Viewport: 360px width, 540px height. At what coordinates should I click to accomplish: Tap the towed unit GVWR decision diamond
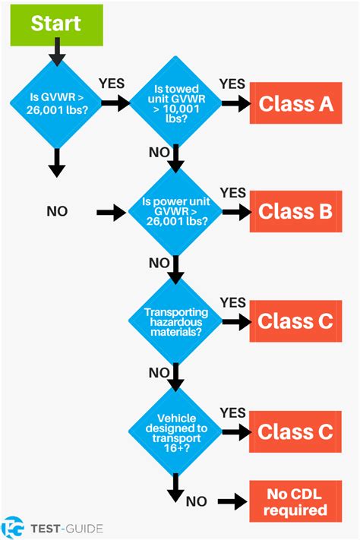pos(175,104)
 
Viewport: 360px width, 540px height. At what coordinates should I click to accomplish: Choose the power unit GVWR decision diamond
pos(175,212)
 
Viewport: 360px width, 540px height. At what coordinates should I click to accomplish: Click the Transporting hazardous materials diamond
pos(175,321)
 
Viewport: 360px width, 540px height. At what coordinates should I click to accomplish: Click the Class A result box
pos(295,103)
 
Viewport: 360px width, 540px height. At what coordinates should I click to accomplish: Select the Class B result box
pos(295,211)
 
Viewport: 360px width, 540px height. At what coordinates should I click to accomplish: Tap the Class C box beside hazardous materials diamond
pos(295,321)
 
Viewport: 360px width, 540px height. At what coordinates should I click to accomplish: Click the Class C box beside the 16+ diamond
pos(295,431)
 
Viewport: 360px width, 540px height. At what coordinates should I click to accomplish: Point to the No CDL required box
pos(295,501)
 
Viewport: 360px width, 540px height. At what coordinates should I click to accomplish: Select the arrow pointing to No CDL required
pos(232,501)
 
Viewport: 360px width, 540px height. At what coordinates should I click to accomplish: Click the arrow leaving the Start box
pos(55,52)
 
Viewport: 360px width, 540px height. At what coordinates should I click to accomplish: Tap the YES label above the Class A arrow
pos(232,83)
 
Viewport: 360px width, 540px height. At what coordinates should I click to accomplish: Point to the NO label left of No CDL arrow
pos(197,501)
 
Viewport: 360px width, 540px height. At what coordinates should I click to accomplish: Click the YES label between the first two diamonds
pos(112,84)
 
